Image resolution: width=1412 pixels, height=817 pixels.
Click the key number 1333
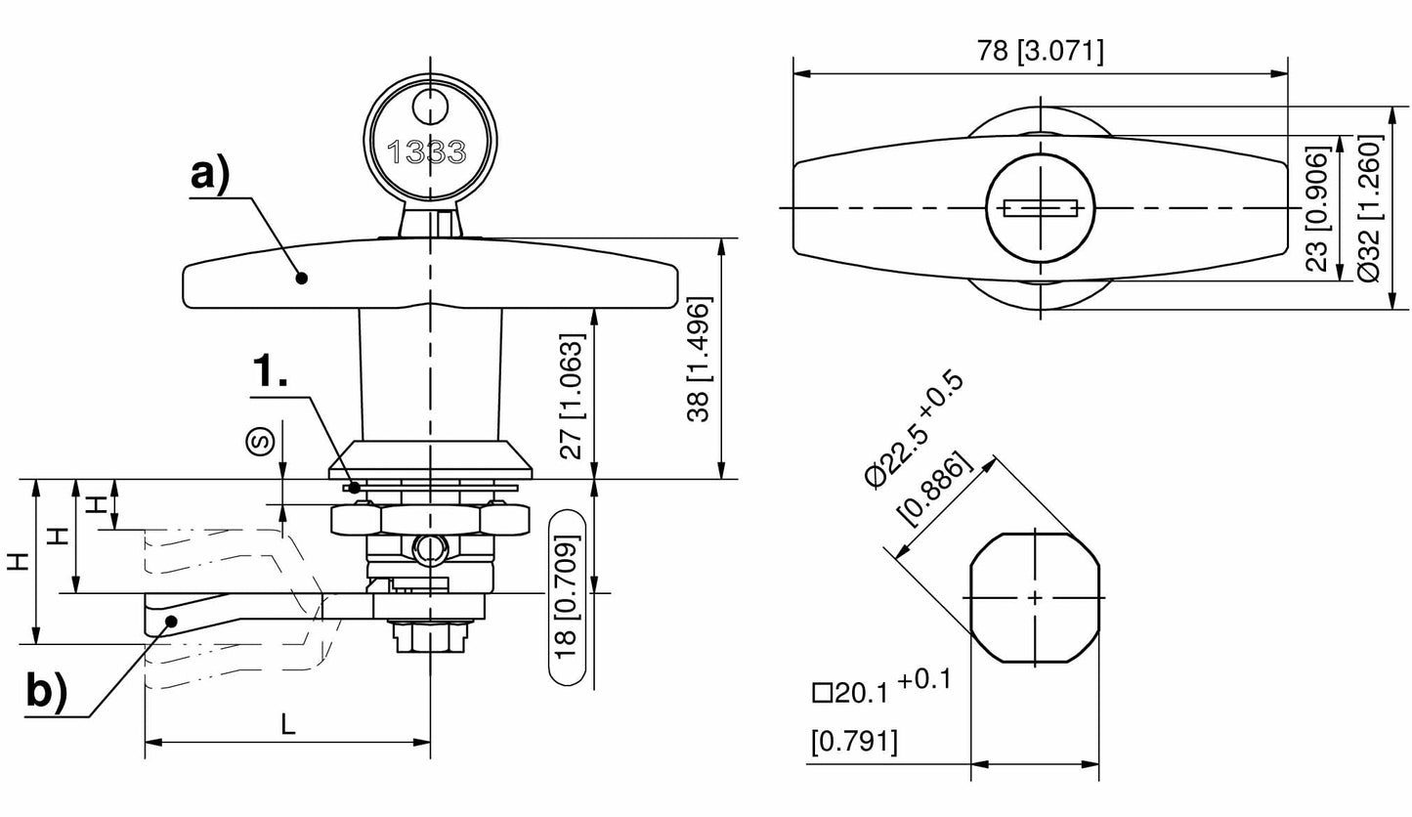click(x=427, y=152)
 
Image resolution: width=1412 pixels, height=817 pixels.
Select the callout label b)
click(x=46, y=691)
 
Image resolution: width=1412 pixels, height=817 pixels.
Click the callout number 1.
click(x=270, y=372)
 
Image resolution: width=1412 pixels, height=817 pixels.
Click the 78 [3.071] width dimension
click(x=1040, y=51)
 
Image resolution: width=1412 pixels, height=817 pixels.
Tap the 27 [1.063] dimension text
click(x=575, y=396)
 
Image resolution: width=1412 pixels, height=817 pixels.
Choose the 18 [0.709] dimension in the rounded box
click(x=568, y=597)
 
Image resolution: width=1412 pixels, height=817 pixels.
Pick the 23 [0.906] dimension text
click(x=1318, y=208)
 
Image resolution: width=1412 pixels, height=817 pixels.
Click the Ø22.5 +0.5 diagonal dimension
click(x=915, y=428)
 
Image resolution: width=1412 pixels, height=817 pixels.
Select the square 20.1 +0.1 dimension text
click(x=880, y=687)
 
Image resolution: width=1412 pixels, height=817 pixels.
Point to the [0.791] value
click(x=854, y=743)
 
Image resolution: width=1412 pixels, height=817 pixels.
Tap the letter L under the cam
click(x=287, y=724)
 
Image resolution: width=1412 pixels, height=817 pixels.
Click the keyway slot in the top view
click(x=1041, y=208)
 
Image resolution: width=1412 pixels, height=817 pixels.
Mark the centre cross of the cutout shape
click(x=1035, y=597)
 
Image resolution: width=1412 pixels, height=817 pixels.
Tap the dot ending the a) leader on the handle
click(x=302, y=279)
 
